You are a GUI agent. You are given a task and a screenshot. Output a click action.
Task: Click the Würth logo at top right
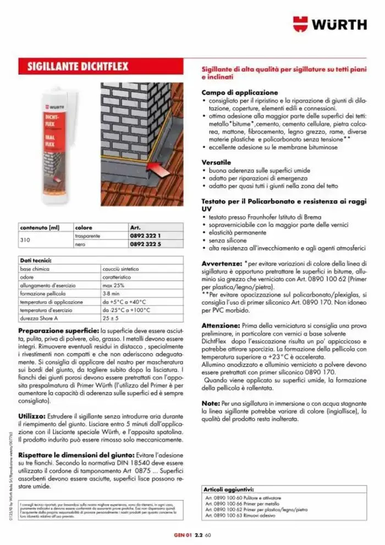(329, 24)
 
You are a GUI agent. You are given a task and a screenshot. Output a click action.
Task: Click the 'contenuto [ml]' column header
(38, 227)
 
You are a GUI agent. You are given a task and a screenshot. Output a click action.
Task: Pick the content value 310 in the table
(24, 239)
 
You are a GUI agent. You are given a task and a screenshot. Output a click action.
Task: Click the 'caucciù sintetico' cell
(121, 269)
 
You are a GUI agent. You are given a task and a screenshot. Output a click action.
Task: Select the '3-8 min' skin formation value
(112, 294)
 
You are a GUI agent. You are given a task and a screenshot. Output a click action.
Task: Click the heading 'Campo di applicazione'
(239, 92)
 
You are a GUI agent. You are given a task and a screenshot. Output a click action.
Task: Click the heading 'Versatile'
(216, 163)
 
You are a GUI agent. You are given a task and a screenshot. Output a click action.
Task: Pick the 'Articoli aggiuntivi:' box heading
(229, 489)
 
